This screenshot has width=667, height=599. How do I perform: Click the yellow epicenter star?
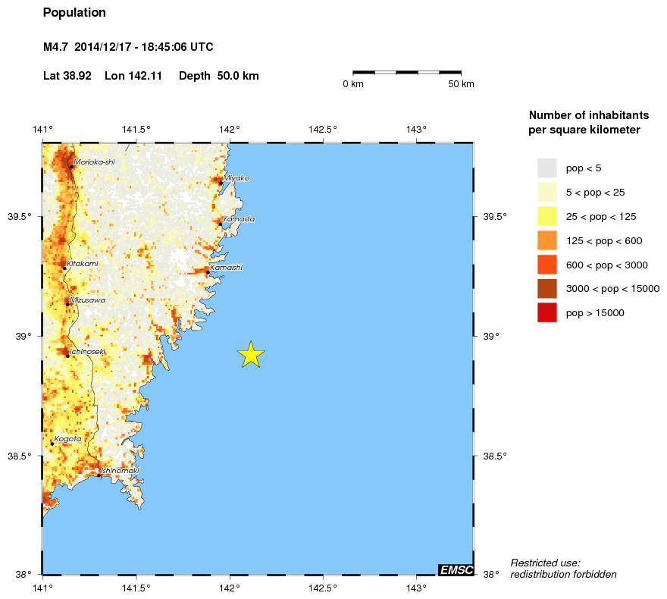[x=251, y=354]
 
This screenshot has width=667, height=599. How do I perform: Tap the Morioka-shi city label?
[x=91, y=162]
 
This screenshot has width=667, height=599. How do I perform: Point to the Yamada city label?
[x=239, y=219]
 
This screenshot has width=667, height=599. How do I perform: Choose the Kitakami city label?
[x=83, y=264]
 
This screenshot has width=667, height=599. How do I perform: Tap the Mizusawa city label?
[x=86, y=300]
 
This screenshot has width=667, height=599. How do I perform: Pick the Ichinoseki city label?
[x=88, y=352]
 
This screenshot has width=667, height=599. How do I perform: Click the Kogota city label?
[x=67, y=439]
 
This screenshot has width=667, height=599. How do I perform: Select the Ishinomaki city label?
[x=120, y=471]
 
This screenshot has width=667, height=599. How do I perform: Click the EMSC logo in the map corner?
[x=456, y=569]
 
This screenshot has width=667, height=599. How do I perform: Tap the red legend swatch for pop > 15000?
[x=547, y=312]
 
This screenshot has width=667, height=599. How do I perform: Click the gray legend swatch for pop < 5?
[x=547, y=168]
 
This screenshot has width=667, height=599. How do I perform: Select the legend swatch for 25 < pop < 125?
[x=547, y=216]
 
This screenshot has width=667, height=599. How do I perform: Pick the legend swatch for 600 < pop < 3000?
[x=547, y=265]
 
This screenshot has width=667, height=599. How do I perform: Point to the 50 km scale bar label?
[x=461, y=84]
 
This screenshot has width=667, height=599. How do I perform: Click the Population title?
[x=74, y=13]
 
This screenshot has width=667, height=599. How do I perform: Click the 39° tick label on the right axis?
[x=490, y=336]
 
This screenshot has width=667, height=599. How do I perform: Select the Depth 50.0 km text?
[x=219, y=77]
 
